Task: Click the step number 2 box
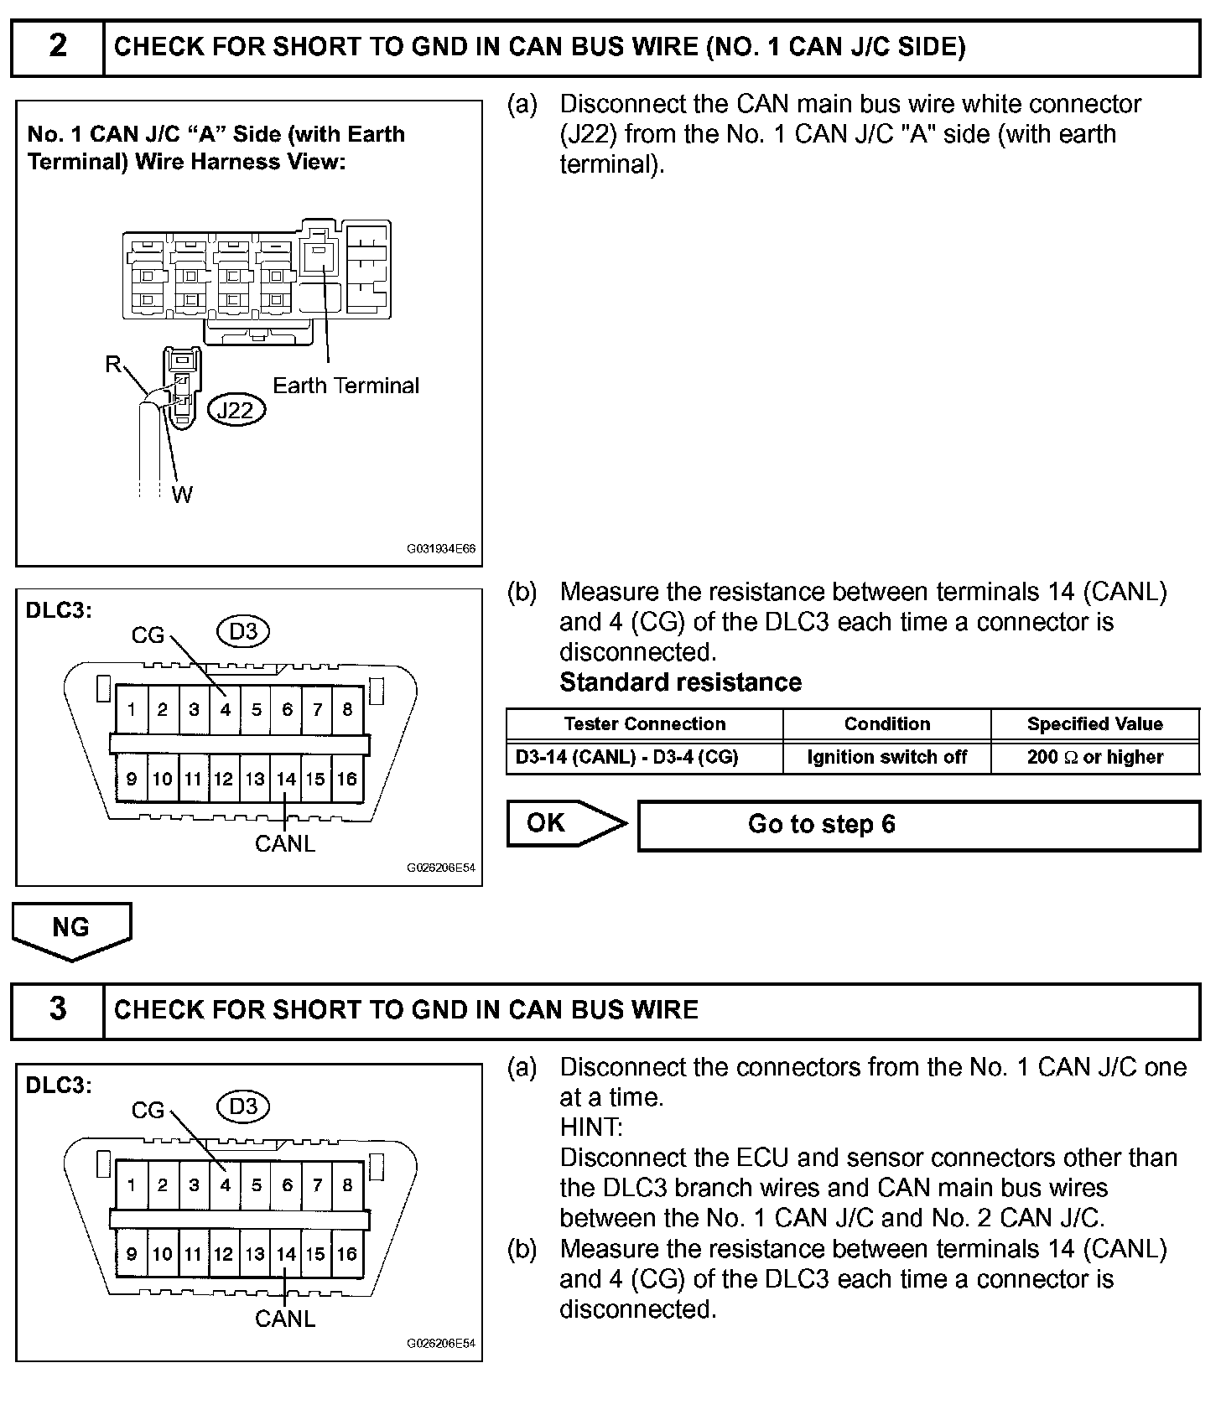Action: pos(57,47)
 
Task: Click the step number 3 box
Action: pos(57,1009)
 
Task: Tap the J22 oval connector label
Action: pos(235,410)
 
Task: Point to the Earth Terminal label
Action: pos(346,386)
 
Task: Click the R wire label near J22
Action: pos(112,365)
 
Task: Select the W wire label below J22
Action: pos(182,495)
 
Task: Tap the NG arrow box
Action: pos(71,929)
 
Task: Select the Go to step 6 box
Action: pos(918,825)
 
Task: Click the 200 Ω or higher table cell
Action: pos(1094,757)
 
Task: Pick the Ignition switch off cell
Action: pos(886,757)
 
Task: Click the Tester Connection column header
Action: pos(644,724)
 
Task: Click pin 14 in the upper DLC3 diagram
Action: pos(286,779)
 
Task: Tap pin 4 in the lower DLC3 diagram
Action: pos(225,1185)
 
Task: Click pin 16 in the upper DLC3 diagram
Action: pos(346,779)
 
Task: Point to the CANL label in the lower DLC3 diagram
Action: pos(285,1319)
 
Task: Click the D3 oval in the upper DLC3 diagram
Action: pos(243,631)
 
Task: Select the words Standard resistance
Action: pos(680,682)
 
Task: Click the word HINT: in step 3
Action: pos(591,1127)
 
